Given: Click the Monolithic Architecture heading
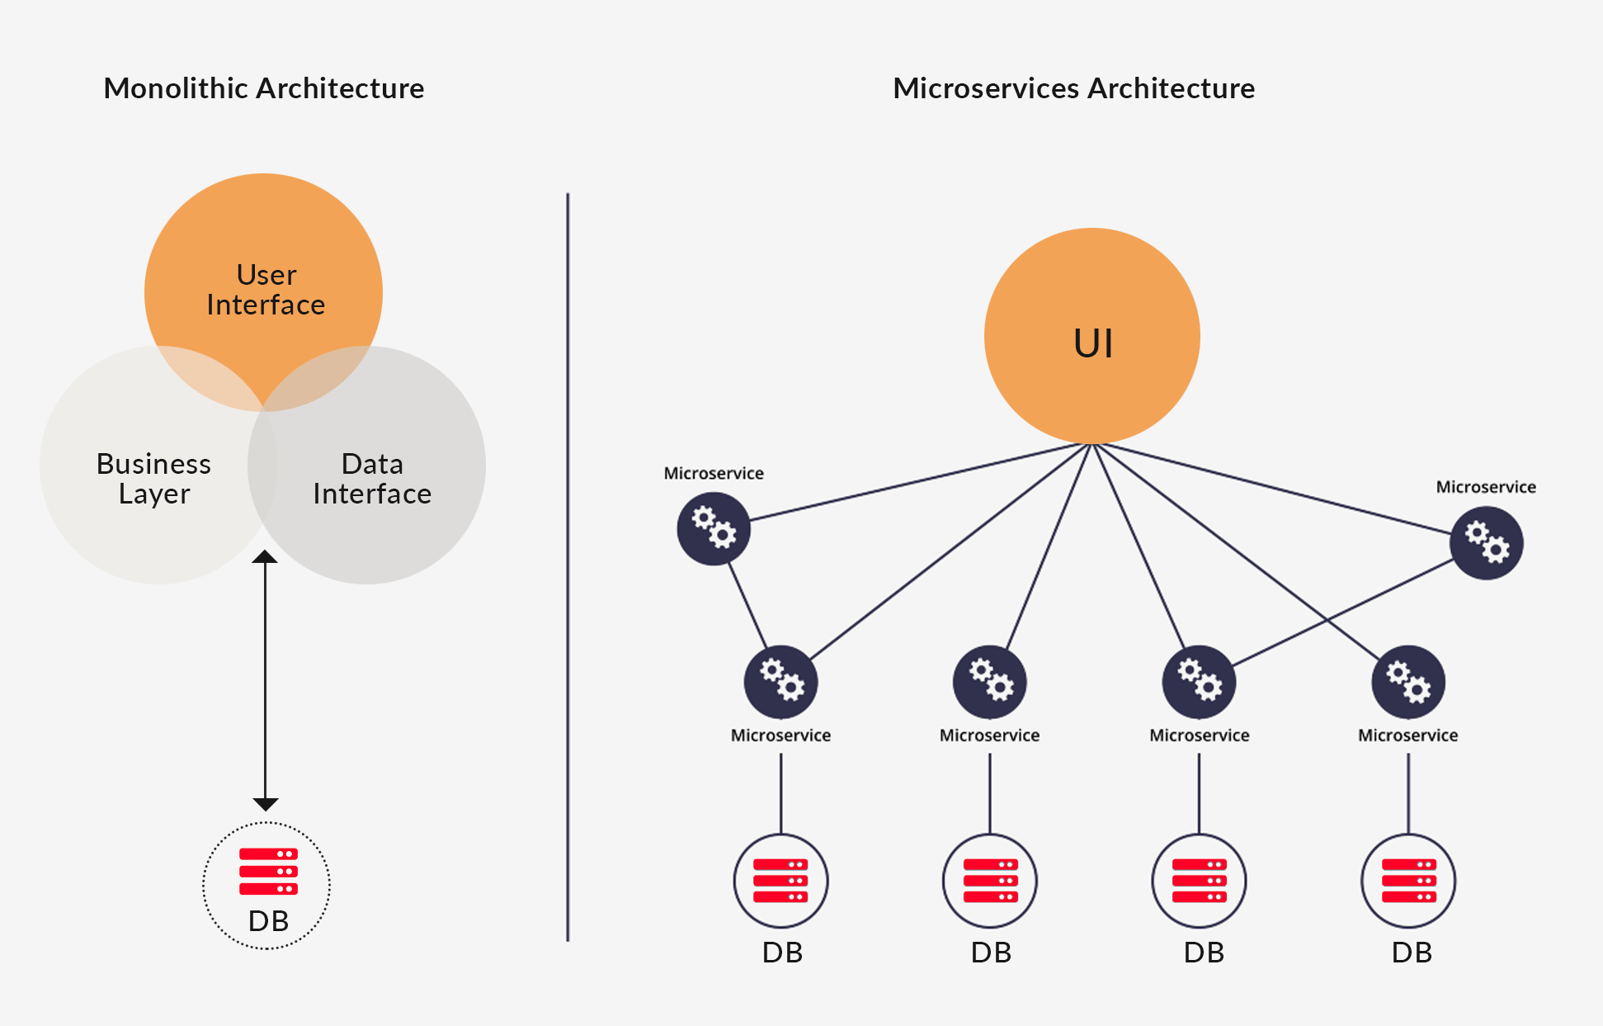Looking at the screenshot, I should [263, 88].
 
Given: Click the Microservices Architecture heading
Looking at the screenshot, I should [1073, 88].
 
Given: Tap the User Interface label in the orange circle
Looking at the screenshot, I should [266, 290].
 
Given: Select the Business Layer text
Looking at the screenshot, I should [154, 479].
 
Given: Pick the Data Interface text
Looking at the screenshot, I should [372, 479].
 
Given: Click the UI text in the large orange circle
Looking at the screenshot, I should [1093, 343].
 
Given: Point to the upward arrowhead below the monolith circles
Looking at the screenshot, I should [265, 557].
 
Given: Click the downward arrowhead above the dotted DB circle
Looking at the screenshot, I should [265, 803].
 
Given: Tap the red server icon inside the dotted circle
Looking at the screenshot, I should [268, 872].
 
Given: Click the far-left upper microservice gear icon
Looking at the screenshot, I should [714, 528].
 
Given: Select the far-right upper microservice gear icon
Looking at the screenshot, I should [1487, 543].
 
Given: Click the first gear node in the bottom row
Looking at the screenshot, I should [780, 682].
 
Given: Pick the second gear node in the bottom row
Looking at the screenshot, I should [990, 682].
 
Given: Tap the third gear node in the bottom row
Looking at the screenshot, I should [1199, 682].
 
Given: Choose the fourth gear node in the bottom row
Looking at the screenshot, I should [1408, 682].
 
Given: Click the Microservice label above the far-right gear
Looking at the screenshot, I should [1486, 487].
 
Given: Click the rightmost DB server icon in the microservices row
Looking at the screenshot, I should [1408, 881].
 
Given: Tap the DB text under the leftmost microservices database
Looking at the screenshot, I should [782, 953].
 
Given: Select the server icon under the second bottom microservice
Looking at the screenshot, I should [990, 881].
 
